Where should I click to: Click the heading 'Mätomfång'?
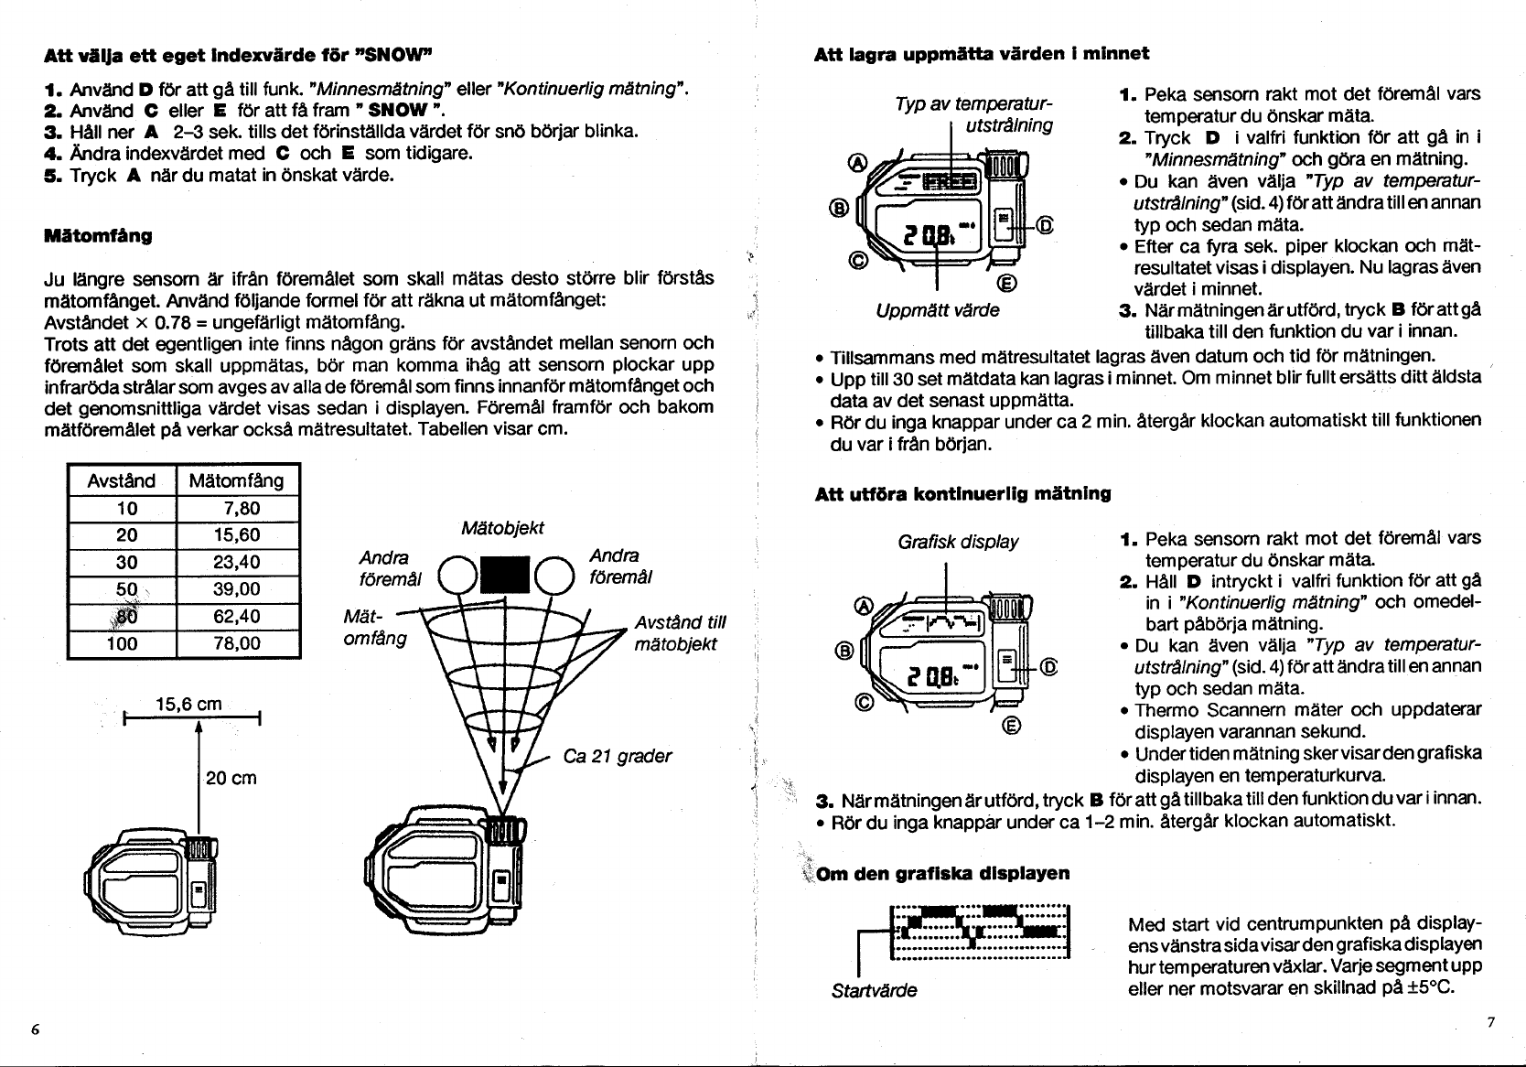(x=98, y=236)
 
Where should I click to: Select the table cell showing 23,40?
(x=236, y=562)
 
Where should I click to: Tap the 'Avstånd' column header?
(x=122, y=480)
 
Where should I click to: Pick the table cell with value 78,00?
(x=236, y=643)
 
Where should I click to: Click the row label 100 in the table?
(x=122, y=643)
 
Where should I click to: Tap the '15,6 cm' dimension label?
(x=190, y=704)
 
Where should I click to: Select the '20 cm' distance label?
(x=231, y=778)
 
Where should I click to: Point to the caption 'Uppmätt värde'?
(x=938, y=310)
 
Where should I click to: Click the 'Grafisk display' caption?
(x=958, y=542)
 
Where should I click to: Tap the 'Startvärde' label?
(x=874, y=990)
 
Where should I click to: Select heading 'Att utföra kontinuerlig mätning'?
(x=962, y=494)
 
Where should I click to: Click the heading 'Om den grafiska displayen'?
(x=943, y=873)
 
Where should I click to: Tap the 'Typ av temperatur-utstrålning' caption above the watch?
(x=974, y=114)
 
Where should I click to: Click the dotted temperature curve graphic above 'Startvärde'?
(x=979, y=930)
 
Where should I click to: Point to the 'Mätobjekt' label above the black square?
(x=503, y=528)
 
